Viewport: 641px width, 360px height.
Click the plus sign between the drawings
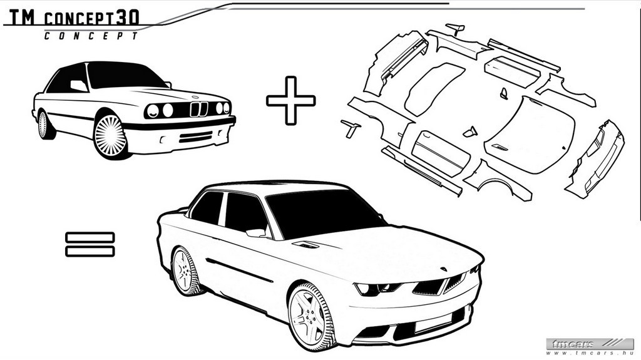(x=290, y=100)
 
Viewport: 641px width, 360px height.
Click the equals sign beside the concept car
(x=90, y=244)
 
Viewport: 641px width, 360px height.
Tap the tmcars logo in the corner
(x=590, y=346)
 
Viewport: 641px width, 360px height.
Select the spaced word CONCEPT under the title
(x=91, y=36)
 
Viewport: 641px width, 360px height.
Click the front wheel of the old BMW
(x=110, y=136)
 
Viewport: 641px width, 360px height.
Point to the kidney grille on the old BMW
(x=199, y=109)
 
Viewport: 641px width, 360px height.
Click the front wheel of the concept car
(x=309, y=316)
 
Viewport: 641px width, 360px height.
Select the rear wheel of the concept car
(x=185, y=271)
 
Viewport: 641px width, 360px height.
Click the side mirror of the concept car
(x=257, y=233)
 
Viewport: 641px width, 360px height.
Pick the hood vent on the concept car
(x=305, y=245)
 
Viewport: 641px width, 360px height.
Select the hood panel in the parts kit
(x=530, y=135)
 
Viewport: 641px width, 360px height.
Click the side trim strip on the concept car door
(x=240, y=270)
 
